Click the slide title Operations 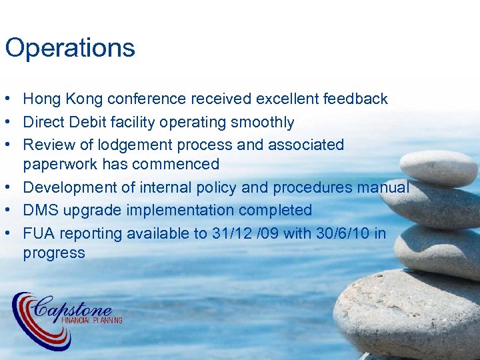click(x=70, y=48)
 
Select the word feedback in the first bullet click(x=355, y=99)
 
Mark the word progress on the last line click(x=54, y=253)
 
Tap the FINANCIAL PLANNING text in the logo click(x=92, y=320)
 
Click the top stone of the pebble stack click(x=438, y=168)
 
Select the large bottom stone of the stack click(x=407, y=313)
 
